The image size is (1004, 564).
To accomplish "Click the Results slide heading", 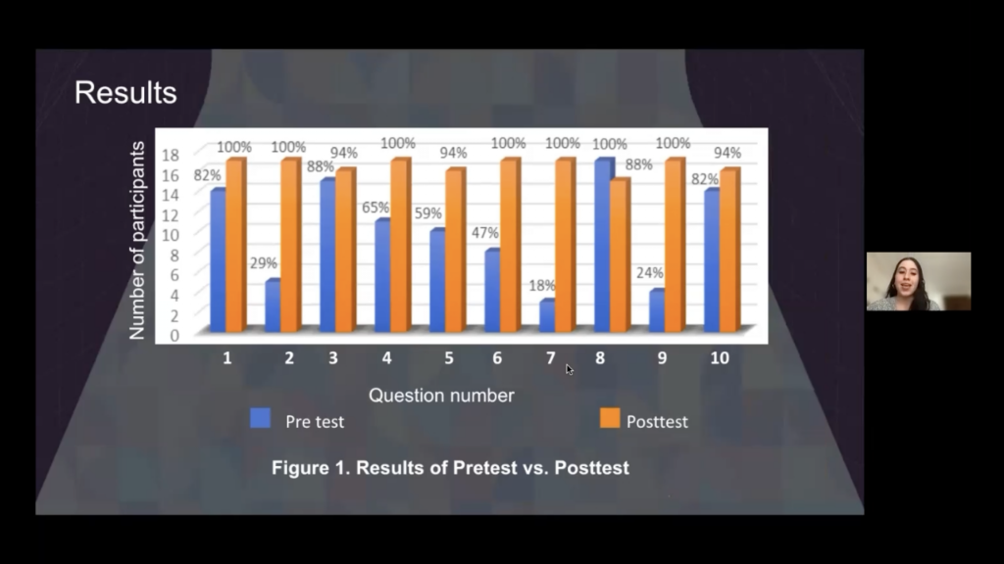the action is (x=125, y=93).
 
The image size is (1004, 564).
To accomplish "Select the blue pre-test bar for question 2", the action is (x=273, y=305).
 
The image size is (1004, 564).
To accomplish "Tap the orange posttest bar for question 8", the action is (x=620, y=256).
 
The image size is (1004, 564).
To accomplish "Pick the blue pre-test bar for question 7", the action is (x=547, y=316).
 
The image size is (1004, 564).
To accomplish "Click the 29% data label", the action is (x=263, y=262).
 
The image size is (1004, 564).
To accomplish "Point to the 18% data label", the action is (x=542, y=285).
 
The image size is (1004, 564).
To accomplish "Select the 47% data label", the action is (x=485, y=233).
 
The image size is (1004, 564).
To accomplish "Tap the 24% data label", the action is (x=649, y=273).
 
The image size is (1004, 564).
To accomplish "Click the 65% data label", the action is (x=376, y=208).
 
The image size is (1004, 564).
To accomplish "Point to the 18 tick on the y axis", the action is (x=171, y=155).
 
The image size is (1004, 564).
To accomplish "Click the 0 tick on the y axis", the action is (x=175, y=336).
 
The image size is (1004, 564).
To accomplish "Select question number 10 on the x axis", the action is (x=720, y=358).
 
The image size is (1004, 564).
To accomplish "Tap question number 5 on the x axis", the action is (x=449, y=358).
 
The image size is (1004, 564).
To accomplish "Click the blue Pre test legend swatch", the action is (x=260, y=418).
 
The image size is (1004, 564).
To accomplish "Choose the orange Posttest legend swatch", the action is (x=610, y=418).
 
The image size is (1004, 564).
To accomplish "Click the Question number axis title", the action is (x=441, y=396).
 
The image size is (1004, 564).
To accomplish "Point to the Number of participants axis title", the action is (x=137, y=241).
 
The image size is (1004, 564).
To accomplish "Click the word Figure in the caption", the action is (x=300, y=468).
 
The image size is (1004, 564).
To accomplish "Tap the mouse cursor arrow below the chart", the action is (x=570, y=369).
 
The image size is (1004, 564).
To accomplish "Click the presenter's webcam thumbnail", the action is (x=918, y=281).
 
